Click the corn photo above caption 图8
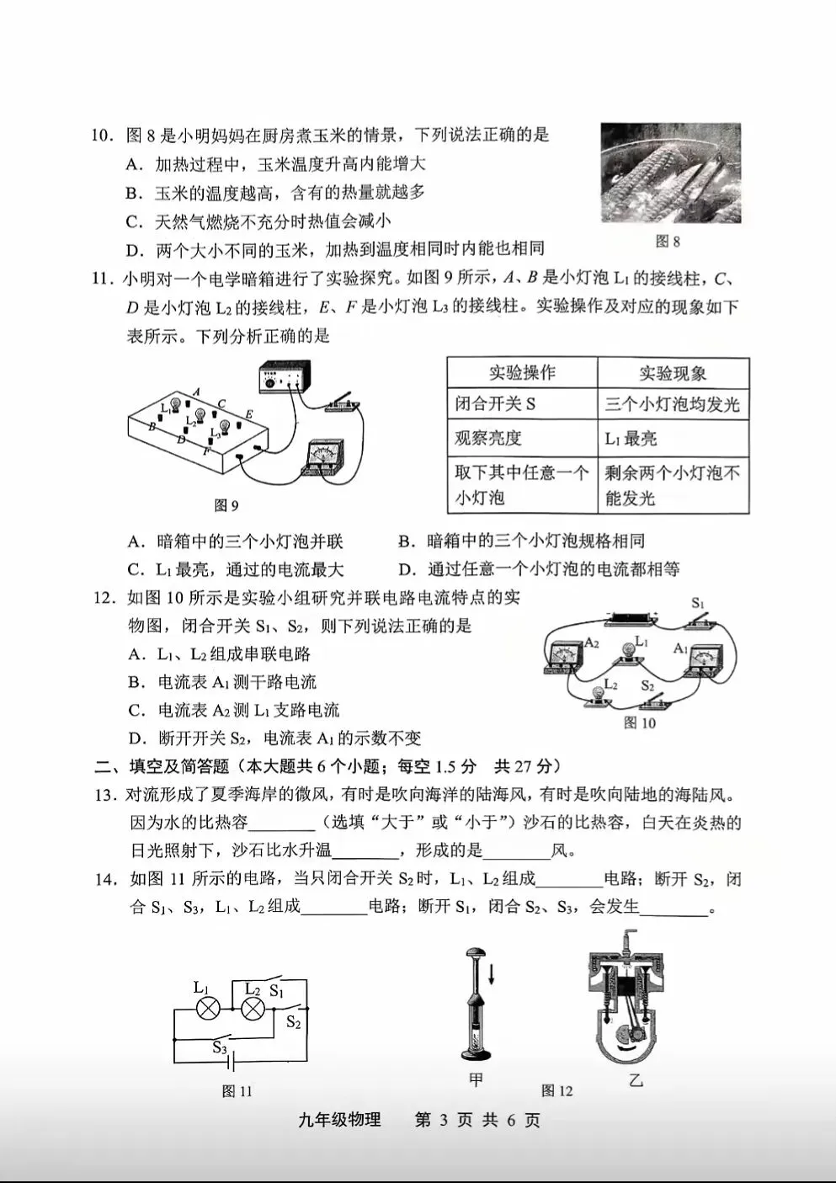pos(671,173)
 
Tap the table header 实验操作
pos(522,373)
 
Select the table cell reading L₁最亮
pos(631,439)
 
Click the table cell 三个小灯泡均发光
pos(673,404)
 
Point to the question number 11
pos(100,279)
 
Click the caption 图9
pos(226,505)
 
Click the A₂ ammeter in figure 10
pos(563,657)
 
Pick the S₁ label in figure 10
pos(698,603)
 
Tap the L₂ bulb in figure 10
pos(598,696)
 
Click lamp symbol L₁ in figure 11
pos(208,1009)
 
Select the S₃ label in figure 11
pos(220,1047)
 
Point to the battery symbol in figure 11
pos(232,1063)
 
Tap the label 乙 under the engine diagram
pos(636,1079)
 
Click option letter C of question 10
pos(133,221)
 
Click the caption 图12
pos(557,1090)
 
